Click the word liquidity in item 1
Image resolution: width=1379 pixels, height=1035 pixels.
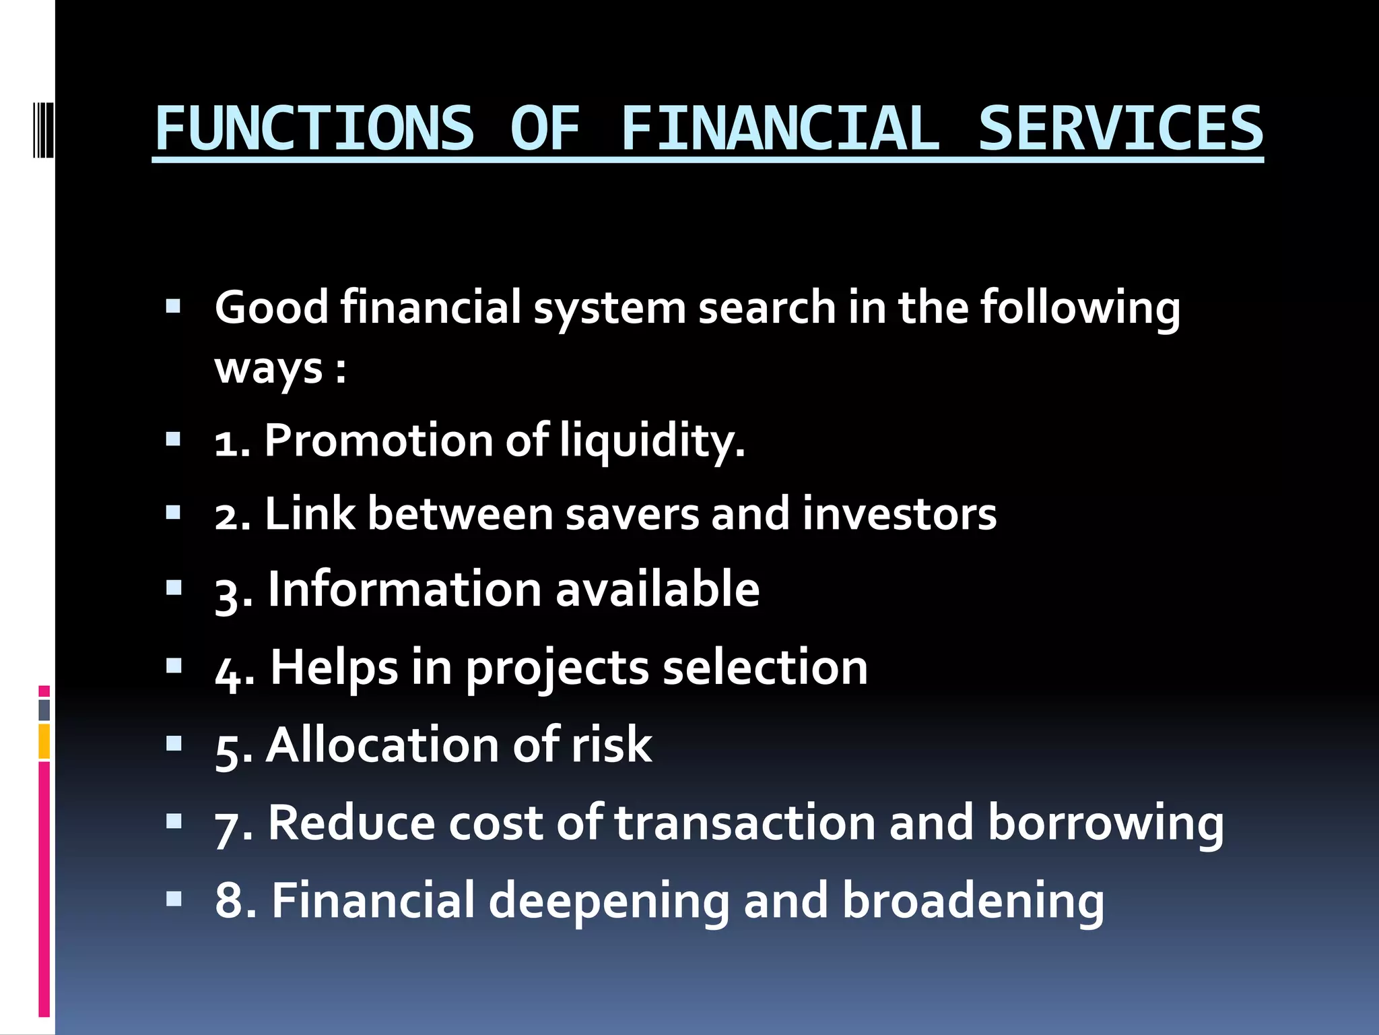coord(652,441)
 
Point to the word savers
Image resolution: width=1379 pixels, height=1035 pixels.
coord(633,515)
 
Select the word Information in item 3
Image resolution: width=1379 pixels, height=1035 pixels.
coord(404,590)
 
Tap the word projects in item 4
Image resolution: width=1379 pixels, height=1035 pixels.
coord(556,669)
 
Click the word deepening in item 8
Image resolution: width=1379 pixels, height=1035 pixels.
coord(609,902)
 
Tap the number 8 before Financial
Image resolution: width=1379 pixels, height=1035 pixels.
coord(228,902)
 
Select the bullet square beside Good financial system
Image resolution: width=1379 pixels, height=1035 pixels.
coord(174,308)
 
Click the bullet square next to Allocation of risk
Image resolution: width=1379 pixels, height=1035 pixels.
coord(174,744)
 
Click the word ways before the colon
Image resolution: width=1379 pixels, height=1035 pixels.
coord(269,369)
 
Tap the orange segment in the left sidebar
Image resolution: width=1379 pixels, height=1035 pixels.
coord(44,741)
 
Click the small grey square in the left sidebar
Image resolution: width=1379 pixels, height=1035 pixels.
coord(44,710)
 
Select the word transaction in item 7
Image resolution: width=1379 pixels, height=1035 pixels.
coord(745,823)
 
